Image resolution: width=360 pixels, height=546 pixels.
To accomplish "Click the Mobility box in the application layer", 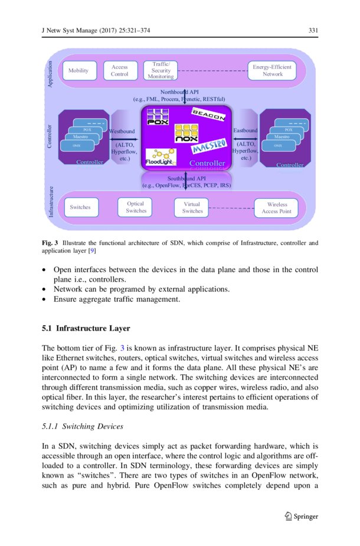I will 78,71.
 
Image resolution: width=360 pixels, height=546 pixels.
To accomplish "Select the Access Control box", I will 120,71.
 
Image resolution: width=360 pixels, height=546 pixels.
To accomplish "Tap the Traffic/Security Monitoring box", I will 161,70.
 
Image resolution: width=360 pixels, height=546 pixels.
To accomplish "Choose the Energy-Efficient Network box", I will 272,71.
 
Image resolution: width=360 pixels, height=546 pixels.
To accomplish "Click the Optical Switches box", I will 136,207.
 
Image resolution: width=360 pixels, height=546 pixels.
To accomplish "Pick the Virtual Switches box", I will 192,207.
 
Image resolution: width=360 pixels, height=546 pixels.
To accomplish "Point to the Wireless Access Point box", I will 276,208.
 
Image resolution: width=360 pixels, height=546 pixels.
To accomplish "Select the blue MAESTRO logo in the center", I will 210,145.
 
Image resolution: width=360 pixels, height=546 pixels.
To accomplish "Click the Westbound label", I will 122,130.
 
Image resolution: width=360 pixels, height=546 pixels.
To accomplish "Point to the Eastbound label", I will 246,130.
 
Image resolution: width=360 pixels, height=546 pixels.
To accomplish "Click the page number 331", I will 313,31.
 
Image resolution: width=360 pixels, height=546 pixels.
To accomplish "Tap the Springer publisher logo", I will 301,516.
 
